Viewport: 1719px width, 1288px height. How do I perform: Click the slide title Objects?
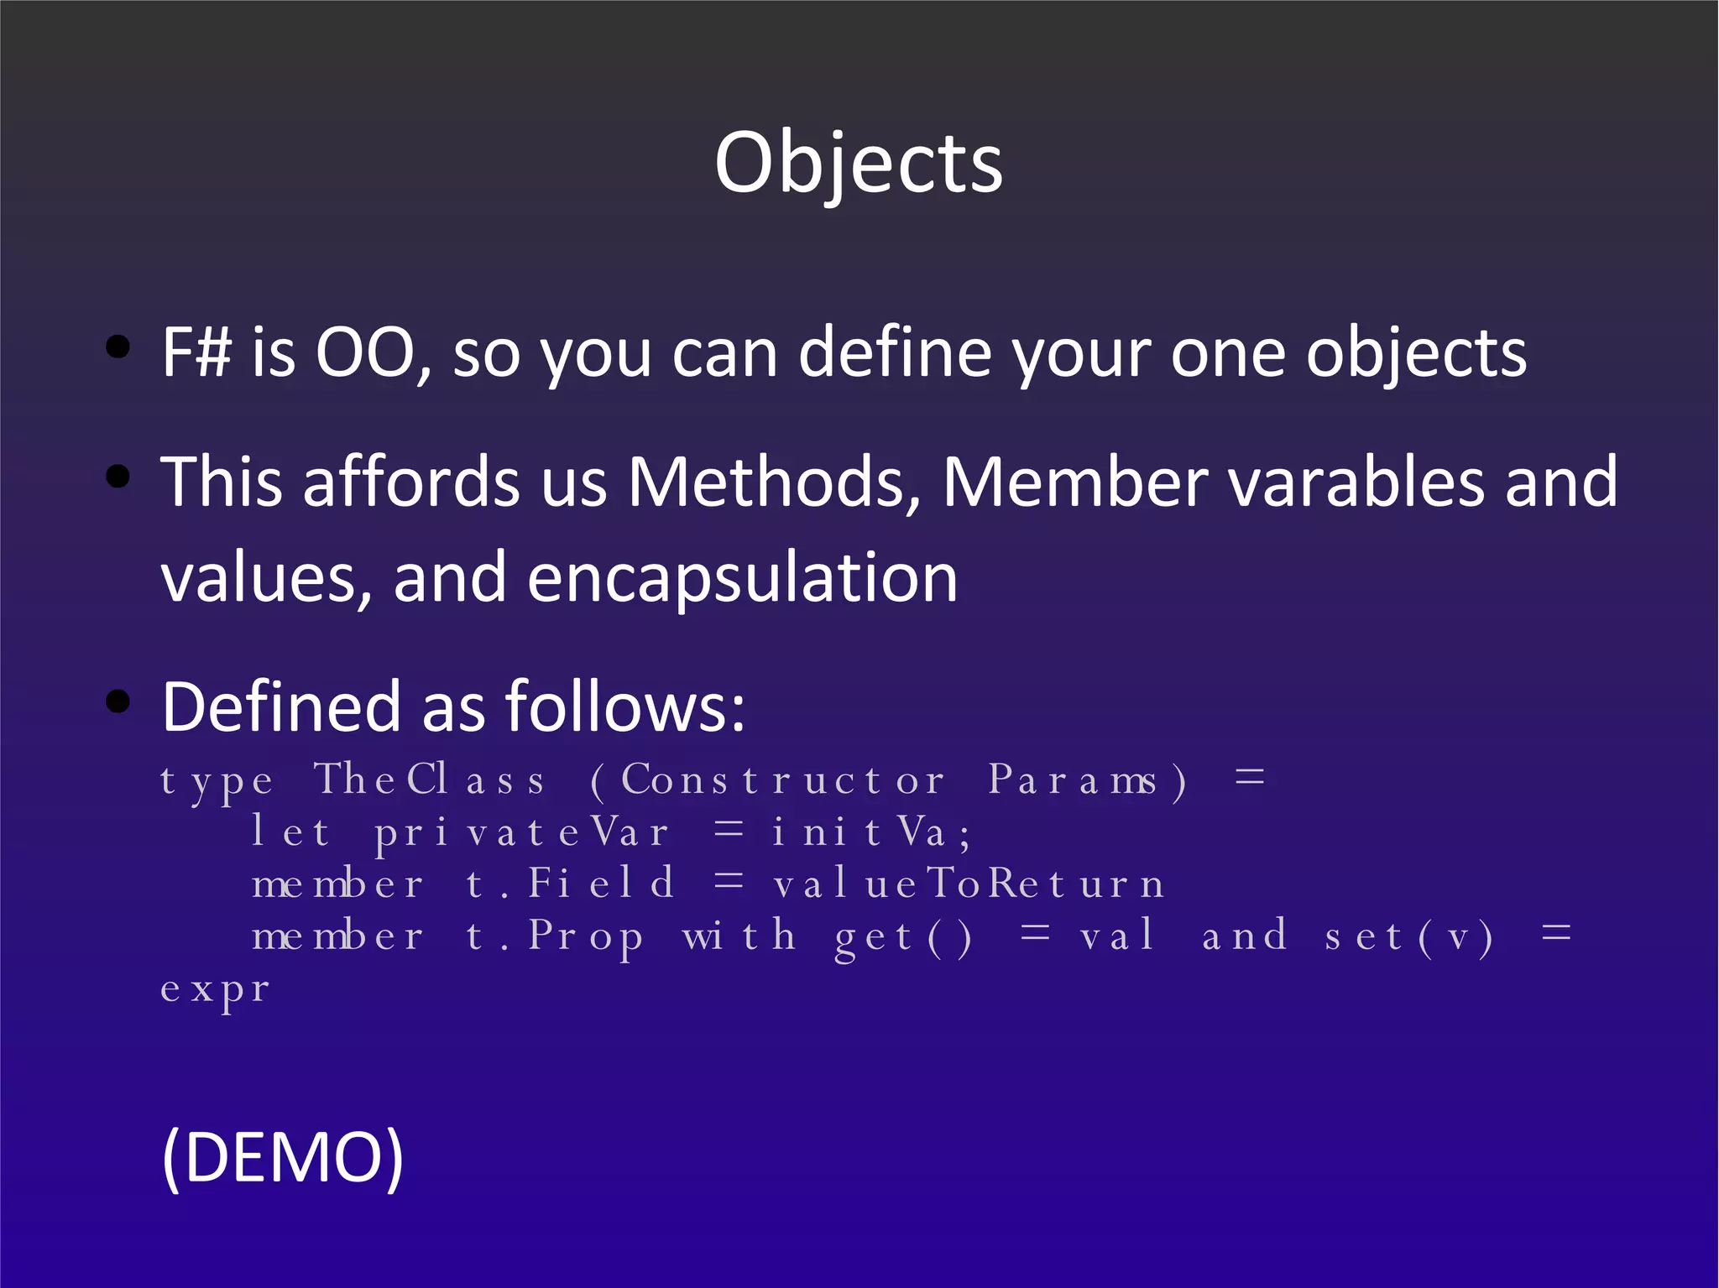pyautogui.click(x=859, y=164)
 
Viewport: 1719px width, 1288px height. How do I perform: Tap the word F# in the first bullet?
pyautogui.click(x=196, y=353)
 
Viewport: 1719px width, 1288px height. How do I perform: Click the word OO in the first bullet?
pyautogui.click(x=366, y=353)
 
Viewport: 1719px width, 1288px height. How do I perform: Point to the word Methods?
pyautogui.click(x=773, y=483)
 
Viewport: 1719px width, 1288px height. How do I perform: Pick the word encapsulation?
pyautogui.click(x=742, y=579)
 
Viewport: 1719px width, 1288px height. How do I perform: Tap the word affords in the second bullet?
pyautogui.click(x=411, y=483)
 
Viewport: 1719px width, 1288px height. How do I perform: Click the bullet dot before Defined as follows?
pyautogui.click(x=118, y=701)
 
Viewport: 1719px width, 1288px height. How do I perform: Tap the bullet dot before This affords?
pyautogui.click(x=118, y=477)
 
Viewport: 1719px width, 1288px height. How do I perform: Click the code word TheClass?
pyautogui.click(x=430, y=780)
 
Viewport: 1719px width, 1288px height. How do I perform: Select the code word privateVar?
pyautogui.click(x=521, y=833)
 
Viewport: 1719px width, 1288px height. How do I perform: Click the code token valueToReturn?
pyautogui.click(x=969, y=884)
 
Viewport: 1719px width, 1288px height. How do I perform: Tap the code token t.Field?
pyautogui.click(x=570, y=884)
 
